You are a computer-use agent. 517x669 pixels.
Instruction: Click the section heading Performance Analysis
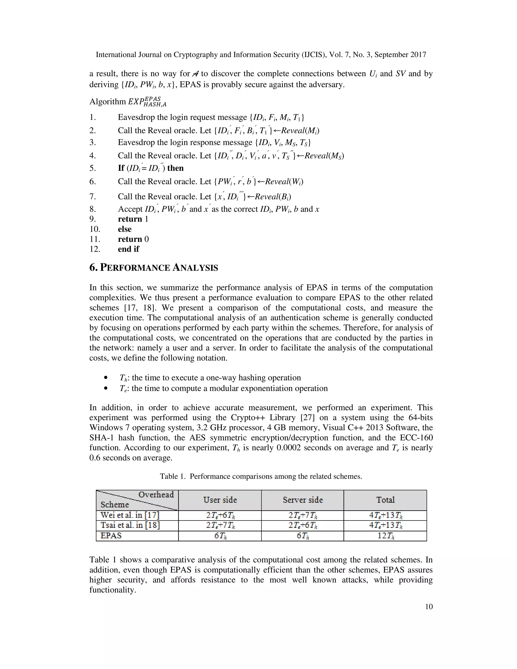click(x=154, y=268)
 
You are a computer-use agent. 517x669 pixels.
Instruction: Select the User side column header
click(x=220, y=500)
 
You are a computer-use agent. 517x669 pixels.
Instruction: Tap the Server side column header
click(x=303, y=500)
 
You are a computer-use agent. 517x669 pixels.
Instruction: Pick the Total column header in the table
click(x=385, y=500)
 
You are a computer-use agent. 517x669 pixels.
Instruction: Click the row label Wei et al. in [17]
click(x=130, y=515)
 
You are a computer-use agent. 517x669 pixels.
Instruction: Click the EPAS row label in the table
click(x=111, y=536)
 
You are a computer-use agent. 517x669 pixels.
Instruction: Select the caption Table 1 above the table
click(x=261, y=476)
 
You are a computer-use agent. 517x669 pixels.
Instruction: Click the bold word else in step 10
click(x=125, y=229)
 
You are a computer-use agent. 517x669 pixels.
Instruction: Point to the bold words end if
click(x=128, y=249)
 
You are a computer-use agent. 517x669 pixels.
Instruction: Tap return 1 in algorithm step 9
click(x=133, y=219)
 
